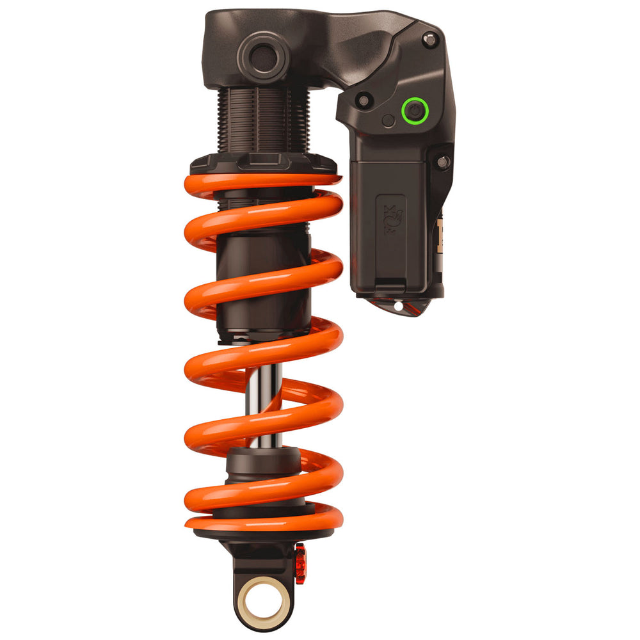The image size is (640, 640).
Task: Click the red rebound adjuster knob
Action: [x=300, y=563]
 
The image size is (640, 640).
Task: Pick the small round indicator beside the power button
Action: [x=388, y=120]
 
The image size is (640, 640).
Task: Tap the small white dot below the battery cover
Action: [x=398, y=307]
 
